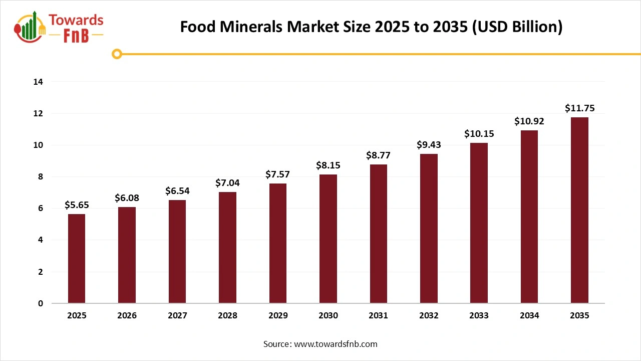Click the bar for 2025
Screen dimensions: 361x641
click(x=77, y=259)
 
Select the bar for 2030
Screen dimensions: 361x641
click(x=328, y=239)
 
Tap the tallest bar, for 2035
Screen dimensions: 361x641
click(x=579, y=210)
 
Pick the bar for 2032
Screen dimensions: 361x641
click(x=429, y=229)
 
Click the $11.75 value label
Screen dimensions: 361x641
click(x=579, y=108)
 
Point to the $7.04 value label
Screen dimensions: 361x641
click(x=227, y=183)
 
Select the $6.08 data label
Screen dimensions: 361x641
click(x=127, y=198)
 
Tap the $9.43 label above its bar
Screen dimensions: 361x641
click(x=429, y=145)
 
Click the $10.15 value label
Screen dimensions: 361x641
click(x=479, y=133)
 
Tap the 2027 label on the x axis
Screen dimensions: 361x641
click(x=177, y=316)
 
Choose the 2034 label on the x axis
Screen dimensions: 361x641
click(x=529, y=316)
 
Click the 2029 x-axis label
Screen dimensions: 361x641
click(x=278, y=316)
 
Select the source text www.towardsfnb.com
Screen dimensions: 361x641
click(x=335, y=344)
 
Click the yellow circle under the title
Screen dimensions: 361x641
click(x=117, y=54)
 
